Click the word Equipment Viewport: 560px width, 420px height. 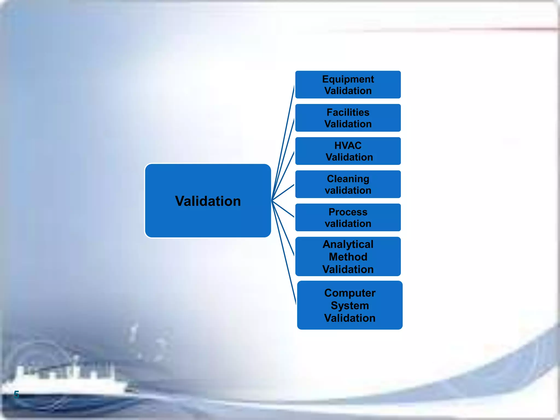coord(348,79)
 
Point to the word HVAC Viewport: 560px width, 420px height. coord(348,145)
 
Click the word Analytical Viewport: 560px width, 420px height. coord(348,244)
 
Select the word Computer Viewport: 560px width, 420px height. coord(350,293)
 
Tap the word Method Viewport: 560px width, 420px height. coord(348,257)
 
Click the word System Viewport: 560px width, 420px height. coord(350,305)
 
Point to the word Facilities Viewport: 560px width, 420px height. coord(348,112)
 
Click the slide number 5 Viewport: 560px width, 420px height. coord(16,395)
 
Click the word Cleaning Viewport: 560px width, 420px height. coord(348,179)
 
